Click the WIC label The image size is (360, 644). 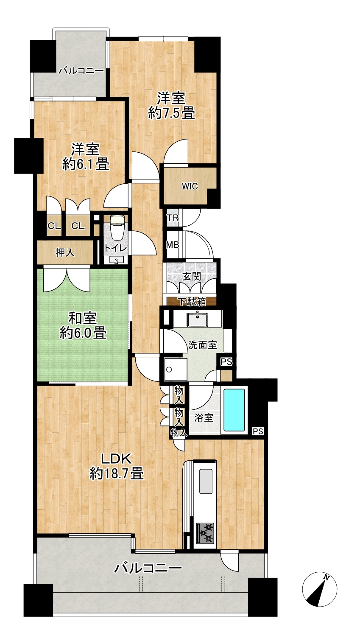(190, 186)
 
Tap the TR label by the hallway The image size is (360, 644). (173, 218)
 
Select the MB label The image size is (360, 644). (173, 245)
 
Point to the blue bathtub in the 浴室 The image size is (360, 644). (234, 410)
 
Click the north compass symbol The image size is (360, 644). (319, 589)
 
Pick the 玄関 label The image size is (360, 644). (192, 277)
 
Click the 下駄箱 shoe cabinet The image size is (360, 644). (191, 301)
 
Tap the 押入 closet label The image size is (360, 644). (65, 252)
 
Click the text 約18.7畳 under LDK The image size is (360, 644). (117, 473)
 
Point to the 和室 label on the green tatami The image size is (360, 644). (82, 318)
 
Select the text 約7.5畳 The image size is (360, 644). (172, 112)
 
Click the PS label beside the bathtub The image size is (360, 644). (258, 431)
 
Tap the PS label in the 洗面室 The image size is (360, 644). (226, 362)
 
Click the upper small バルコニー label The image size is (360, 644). (81, 70)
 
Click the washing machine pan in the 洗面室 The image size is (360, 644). (176, 369)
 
